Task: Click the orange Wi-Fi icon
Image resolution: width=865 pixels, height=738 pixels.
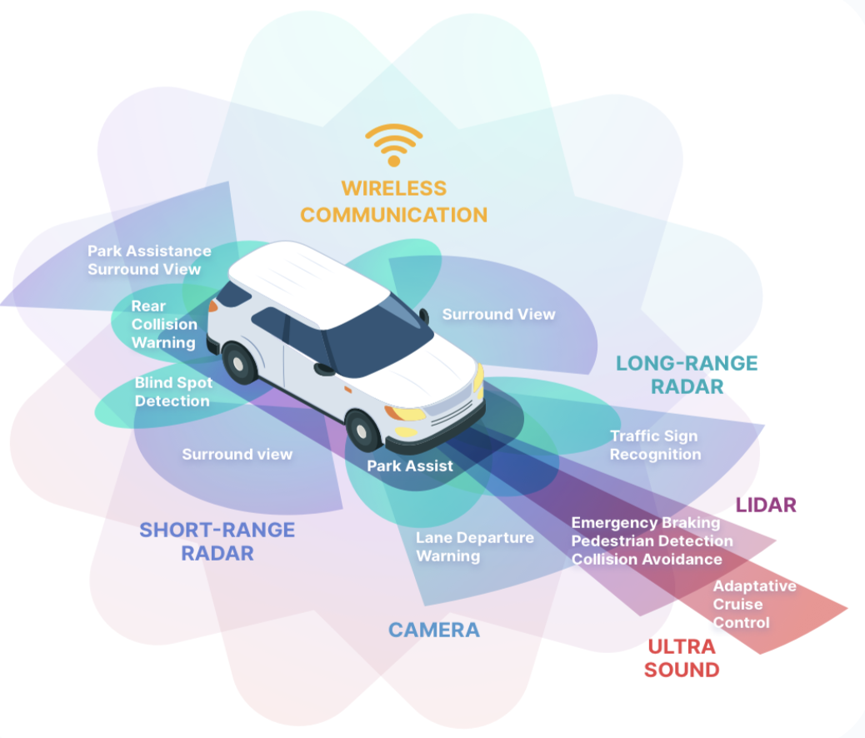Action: pyautogui.click(x=393, y=145)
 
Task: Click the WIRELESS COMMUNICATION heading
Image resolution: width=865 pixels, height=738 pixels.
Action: pyautogui.click(x=393, y=202)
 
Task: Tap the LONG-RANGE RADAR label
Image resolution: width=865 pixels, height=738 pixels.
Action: pyautogui.click(x=687, y=375)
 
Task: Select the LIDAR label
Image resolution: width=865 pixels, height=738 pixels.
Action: pyautogui.click(x=766, y=505)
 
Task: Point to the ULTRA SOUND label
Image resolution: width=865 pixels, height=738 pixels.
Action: pyautogui.click(x=682, y=658)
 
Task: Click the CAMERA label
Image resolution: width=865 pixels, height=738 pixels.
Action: pyautogui.click(x=434, y=630)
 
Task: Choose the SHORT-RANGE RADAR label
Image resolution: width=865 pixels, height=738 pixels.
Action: pyautogui.click(x=217, y=541)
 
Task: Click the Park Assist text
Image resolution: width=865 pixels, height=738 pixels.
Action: pyautogui.click(x=410, y=466)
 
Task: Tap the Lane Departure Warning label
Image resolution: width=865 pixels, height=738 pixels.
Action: pyautogui.click(x=474, y=546)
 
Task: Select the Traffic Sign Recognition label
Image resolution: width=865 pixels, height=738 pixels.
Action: pyautogui.click(x=655, y=445)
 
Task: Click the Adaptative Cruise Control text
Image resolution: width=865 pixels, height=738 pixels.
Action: pyautogui.click(x=753, y=605)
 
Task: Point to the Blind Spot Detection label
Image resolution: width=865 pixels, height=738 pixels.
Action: pyautogui.click(x=173, y=391)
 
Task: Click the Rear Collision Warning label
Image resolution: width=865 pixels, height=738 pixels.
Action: pyautogui.click(x=164, y=324)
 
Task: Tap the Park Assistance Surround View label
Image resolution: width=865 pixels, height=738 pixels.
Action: pyautogui.click(x=148, y=260)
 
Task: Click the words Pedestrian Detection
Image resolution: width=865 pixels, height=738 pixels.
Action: pyautogui.click(x=652, y=541)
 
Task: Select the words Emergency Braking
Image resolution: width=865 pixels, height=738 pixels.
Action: pyautogui.click(x=645, y=523)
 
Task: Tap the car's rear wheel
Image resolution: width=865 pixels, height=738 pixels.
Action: pyautogui.click(x=239, y=364)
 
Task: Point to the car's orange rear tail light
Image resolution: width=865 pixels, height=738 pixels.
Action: pyautogui.click(x=212, y=306)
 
